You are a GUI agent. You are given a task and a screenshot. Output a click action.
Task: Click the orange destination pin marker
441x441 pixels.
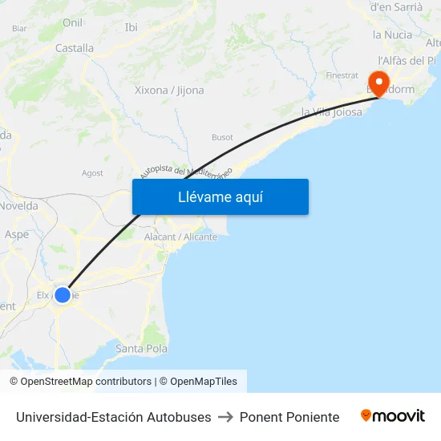pyautogui.click(x=377, y=81)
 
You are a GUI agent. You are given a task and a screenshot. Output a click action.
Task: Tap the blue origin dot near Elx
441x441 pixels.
pyautogui.click(x=63, y=294)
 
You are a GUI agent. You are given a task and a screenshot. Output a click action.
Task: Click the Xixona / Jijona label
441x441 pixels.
pyautogui.click(x=169, y=90)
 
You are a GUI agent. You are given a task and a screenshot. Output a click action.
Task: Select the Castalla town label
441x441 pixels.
pyautogui.click(x=75, y=48)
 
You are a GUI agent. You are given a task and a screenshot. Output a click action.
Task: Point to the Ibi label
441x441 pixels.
pyautogui.click(x=131, y=27)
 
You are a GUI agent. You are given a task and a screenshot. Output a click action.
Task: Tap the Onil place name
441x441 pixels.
pyautogui.click(x=72, y=23)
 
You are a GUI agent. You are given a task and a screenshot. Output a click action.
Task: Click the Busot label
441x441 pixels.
pyautogui.click(x=222, y=137)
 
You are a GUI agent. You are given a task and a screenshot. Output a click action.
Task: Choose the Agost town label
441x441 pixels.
pyautogui.click(x=92, y=172)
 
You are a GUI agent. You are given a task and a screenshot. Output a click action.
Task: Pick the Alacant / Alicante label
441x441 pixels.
pyautogui.click(x=180, y=237)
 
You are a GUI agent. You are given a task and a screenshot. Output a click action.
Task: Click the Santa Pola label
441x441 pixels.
pyautogui.click(x=141, y=349)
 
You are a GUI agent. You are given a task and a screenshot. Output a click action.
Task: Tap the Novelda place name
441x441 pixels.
pyautogui.click(x=19, y=206)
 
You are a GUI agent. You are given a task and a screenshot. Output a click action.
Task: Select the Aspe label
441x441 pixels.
pyautogui.click(x=16, y=235)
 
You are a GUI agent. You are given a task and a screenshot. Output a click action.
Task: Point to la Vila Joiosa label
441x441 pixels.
pyautogui.click(x=331, y=112)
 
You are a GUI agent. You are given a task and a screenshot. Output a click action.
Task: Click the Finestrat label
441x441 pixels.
pyautogui.click(x=342, y=75)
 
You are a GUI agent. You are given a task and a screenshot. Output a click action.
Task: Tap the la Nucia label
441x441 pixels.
pyautogui.click(x=393, y=35)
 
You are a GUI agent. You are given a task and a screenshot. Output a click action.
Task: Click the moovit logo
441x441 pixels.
pyautogui.click(x=393, y=416)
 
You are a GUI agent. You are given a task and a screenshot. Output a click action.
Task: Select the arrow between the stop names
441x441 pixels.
pyautogui.click(x=225, y=417)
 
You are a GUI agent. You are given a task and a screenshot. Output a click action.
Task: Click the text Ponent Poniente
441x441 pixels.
pyautogui.click(x=289, y=417)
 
